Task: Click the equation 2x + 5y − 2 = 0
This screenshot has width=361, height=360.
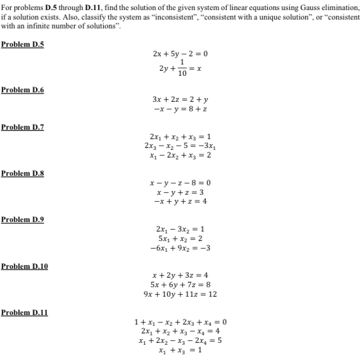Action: tap(180, 54)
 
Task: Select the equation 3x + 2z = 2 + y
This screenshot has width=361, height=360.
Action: tap(180, 99)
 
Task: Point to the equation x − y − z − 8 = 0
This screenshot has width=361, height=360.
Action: tap(180, 183)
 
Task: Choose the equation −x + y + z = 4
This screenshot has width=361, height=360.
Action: tap(180, 201)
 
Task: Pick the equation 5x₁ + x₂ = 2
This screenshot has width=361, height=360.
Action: tap(180, 238)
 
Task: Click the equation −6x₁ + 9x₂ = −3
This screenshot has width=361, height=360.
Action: tap(180, 247)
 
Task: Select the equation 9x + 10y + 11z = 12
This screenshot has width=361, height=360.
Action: tap(180, 294)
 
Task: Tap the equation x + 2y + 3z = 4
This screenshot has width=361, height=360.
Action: tap(180, 275)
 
